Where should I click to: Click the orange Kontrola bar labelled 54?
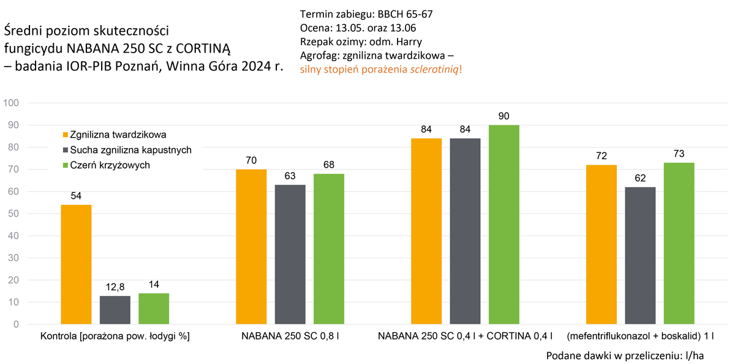pos(77,264)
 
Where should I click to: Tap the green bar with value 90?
pos(503,225)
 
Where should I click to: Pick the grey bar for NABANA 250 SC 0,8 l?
pos(290,254)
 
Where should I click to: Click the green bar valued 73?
pos(678,243)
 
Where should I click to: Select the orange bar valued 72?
pos(601,245)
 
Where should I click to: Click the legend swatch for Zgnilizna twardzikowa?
pos(65,134)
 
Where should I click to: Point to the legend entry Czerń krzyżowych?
pos(110,165)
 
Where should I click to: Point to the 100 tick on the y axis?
pos(12,103)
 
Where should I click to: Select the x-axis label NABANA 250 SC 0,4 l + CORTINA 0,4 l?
pos(465,336)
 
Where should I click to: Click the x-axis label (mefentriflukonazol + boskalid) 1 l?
pos(640,336)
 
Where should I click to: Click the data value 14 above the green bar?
pos(154,284)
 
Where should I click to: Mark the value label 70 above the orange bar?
pos(251,161)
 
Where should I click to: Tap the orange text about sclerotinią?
pos(381,69)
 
